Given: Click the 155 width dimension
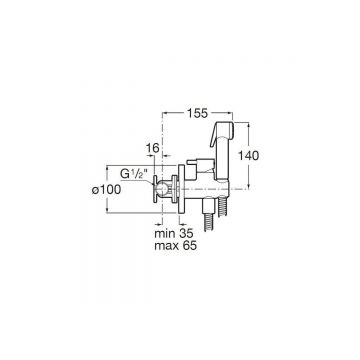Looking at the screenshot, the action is (196, 114).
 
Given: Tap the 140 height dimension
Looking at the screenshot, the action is (248, 155).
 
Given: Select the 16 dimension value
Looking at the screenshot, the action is (153, 148).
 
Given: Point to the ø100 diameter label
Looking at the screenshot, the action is (106, 190).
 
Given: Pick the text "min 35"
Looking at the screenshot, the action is (174, 233).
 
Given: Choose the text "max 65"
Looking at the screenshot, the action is (175, 246).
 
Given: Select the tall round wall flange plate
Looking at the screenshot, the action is (182, 189).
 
